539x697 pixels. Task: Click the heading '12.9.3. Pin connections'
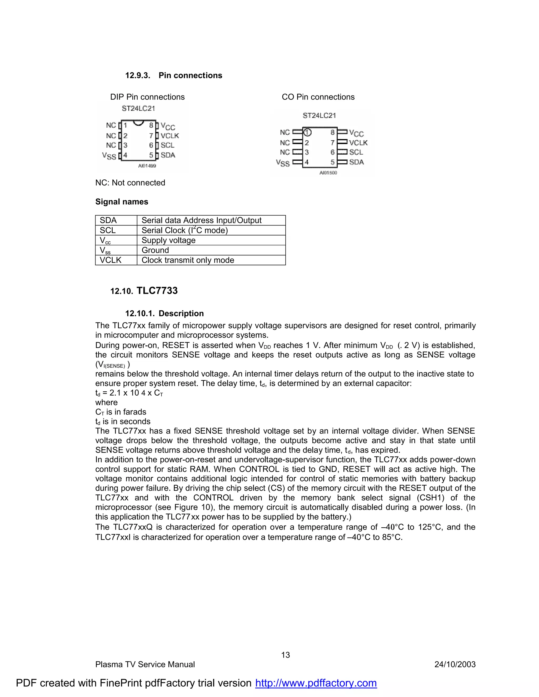tap(173, 75)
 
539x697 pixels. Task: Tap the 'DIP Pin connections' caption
tap(147, 97)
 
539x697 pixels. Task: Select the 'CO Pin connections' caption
tap(318, 97)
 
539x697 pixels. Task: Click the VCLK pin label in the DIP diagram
tap(169, 136)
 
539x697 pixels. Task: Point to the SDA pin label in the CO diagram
tap(356, 162)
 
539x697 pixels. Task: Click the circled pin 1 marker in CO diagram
tap(307, 132)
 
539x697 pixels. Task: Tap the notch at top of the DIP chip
tap(138, 123)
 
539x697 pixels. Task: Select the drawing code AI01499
tap(147, 166)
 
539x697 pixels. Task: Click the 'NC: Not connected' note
tap(130, 183)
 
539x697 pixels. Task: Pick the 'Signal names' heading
tap(122, 202)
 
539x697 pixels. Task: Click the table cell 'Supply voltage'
tap(168, 240)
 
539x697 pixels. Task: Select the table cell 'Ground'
tap(155, 250)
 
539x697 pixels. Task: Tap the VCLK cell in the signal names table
tap(111, 260)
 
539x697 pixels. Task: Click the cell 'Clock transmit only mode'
tap(188, 260)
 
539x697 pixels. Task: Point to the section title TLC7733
tap(157, 291)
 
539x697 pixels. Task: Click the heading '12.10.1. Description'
tap(164, 314)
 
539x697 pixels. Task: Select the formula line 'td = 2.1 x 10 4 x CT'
tap(129, 393)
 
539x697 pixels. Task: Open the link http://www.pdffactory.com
tap(316, 683)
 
